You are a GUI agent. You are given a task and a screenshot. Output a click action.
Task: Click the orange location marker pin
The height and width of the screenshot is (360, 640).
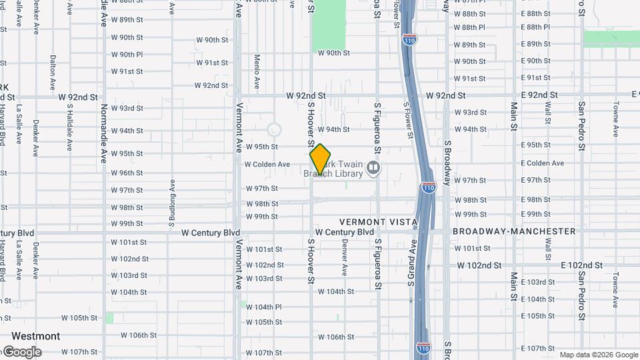click(320, 159)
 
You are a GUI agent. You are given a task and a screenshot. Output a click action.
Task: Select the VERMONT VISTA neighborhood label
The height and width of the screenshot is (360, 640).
click(378, 221)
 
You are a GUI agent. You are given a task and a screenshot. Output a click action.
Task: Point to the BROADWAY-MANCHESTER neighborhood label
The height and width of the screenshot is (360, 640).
click(513, 231)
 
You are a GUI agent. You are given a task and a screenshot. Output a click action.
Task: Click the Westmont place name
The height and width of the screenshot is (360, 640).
click(35, 336)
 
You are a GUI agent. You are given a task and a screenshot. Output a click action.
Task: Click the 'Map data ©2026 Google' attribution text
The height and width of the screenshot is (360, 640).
click(598, 355)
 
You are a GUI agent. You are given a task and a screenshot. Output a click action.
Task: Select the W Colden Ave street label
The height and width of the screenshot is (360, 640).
click(267, 164)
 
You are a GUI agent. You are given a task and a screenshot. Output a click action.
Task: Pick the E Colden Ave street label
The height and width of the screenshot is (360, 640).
click(541, 163)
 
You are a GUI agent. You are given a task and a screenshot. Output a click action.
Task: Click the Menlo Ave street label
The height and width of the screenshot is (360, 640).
click(257, 72)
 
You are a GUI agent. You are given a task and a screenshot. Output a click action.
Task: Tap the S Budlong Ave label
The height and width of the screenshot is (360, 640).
click(173, 199)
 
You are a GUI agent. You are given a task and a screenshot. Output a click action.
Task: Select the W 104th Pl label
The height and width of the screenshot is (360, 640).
click(264, 307)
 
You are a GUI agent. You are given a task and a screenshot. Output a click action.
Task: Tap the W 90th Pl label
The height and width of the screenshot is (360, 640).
click(127, 55)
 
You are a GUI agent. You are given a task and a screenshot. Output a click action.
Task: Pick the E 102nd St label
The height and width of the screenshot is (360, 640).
click(581, 265)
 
